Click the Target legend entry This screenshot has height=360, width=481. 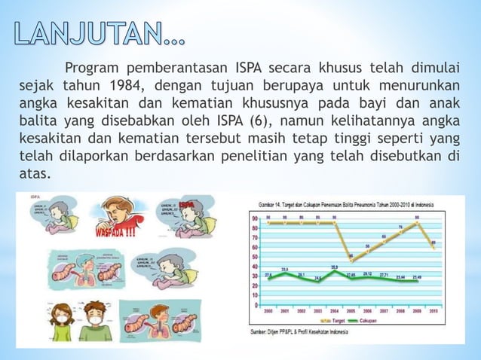pos(336,321)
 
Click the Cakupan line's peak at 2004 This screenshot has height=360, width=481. pos(334,270)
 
